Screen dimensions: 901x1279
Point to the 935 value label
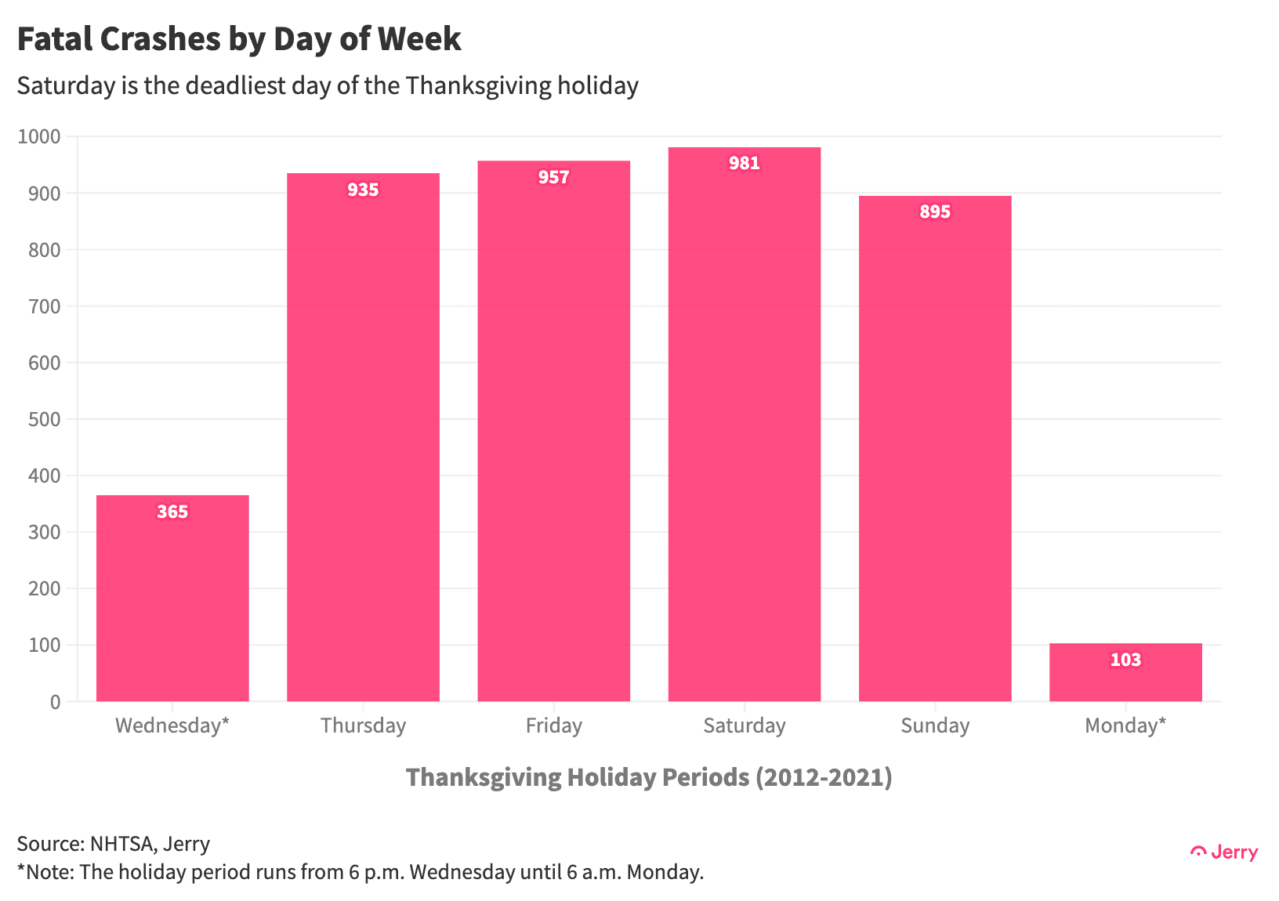363,190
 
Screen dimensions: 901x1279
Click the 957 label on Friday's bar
553,177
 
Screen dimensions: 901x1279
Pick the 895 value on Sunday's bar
935,212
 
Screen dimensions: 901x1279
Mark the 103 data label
1125,660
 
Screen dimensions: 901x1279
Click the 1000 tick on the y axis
39,137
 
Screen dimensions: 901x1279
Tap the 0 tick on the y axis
55,702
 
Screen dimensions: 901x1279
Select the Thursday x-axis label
363,726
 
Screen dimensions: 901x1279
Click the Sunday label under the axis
935,726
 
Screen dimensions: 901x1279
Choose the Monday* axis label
1125,726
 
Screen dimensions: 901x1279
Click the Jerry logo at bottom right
1224,852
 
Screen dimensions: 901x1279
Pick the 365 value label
172,512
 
